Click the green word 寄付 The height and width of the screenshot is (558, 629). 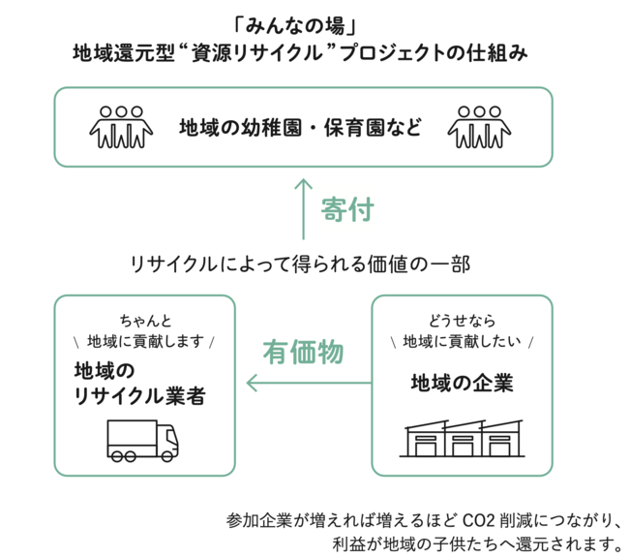(x=347, y=209)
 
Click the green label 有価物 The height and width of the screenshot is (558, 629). (x=303, y=352)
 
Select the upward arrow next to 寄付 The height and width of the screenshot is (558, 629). (x=303, y=209)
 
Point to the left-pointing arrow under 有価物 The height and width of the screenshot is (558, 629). (x=309, y=383)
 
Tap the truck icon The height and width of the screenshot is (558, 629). (x=143, y=441)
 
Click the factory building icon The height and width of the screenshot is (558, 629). (x=463, y=438)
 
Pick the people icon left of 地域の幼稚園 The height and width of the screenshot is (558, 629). (x=121, y=127)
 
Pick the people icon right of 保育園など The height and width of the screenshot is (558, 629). (x=479, y=127)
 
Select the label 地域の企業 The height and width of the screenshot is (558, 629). (x=463, y=383)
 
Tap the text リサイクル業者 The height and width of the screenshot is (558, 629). (x=140, y=396)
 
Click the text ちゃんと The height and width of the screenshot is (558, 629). (x=145, y=321)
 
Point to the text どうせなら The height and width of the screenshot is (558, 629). (x=463, y=321)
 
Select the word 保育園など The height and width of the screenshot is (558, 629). (x=374, y=127)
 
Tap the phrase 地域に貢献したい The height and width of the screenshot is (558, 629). (x=463, y=341)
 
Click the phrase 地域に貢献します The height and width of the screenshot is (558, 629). (x=145, y=341)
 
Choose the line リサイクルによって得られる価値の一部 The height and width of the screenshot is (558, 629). (x=300, y=264)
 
